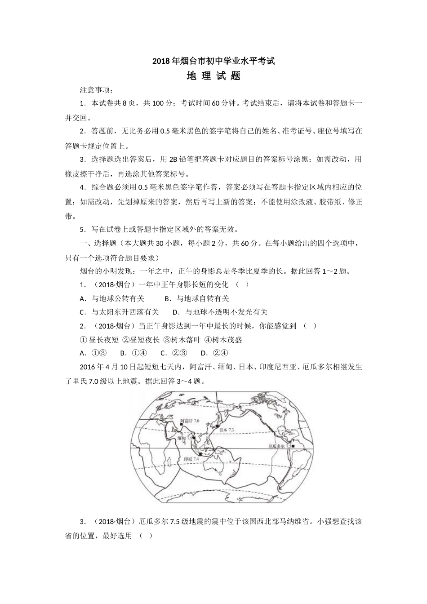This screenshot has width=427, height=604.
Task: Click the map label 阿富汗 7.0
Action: (x=189, y=421)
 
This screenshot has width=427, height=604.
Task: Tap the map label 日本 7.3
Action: (x=227, y=430)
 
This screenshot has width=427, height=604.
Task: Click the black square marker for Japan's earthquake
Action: (x=217, y=425)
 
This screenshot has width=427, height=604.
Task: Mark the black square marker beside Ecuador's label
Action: (x=292, y=446)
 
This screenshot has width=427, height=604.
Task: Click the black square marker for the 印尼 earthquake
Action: (x=200, y=454)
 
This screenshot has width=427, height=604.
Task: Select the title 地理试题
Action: (x=213, y=76)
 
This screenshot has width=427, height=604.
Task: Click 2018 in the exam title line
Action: (x=160, y=61)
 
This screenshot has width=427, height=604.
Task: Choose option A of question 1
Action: (x=112, y=298)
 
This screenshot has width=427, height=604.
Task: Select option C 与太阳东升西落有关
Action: (x=120, y=312)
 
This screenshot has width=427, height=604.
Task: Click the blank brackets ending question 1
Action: (x=241, y=284)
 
